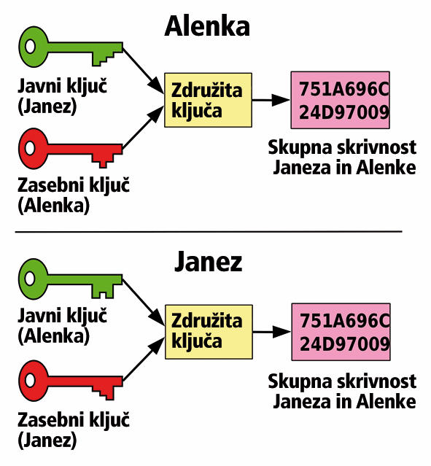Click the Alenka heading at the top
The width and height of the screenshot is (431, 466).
click(x=207, y=26)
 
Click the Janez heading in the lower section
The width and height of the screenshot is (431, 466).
click(x=208, y=262)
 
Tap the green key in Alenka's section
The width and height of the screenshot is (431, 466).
click(x=71, y=47)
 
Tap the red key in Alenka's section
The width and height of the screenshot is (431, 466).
click(x=71, y=149)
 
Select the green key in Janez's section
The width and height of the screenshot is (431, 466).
click(x=71, y=279)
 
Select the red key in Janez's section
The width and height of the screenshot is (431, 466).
click(x=71, y=381)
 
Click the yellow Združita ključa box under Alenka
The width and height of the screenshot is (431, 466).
click(x=208, y=100)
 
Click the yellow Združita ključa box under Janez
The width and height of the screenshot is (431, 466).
click(x=209, y=332)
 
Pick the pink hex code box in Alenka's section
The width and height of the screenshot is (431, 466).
click(x=340, y=100)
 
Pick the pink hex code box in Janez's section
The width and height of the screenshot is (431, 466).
click(x=341, y=332)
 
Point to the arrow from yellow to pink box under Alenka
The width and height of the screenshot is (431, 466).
click(x=271, y=100)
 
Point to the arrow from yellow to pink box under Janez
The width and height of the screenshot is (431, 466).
click(x=272, y=332)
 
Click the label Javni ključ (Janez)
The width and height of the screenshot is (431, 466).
click(x=63, y=96)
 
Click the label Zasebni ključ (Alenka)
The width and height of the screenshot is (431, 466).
click(x=74, y=195)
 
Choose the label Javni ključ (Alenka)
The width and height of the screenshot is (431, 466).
click(x=63, y=326)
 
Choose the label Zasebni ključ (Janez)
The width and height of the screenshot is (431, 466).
click(x=74, y=430)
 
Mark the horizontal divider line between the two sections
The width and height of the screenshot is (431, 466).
click(x=209, y=231)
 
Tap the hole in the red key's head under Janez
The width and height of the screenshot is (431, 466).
click(x=30, y=381)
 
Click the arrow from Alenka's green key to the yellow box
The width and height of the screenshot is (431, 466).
click(x=143, y=71)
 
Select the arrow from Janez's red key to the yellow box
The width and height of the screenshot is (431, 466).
click(x=144, y=359)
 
